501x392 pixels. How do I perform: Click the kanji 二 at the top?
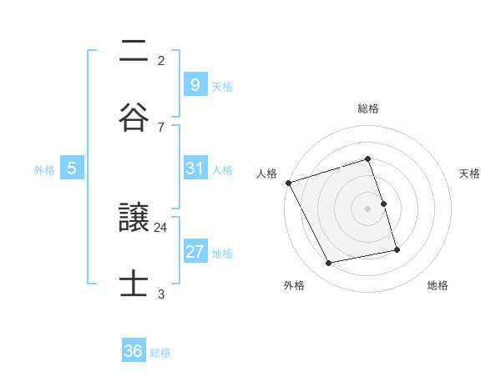pyautogui.click(x=134, y=52)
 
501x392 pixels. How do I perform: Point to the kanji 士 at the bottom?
pyautogui.click(x=134, y=284)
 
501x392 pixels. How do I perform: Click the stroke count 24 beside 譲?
pyautogui.click(x=161, y=227)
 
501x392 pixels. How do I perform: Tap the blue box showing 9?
pyautogui.click(x=195, y=84)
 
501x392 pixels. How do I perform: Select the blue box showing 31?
pyautogui.click(x=195, y=168)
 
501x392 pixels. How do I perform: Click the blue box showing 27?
pyautogui.click(x=195, y=252)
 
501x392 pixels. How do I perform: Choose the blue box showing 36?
pyautogui.click(x=134, y=351)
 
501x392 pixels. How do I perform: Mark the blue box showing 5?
pyautogui.click(x=72, y=168)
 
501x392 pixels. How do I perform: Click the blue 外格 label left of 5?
pyautogui.click(x=44, y=169)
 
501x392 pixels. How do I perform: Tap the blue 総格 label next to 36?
pyautogui.click(x=160, y=352)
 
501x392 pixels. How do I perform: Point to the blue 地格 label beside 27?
pyautogui.click(x=222, y=253)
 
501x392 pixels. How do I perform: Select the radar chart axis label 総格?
pyautogui.click(x=368, y=108)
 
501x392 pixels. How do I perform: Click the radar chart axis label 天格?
pyautogui.click(x=469, y=173)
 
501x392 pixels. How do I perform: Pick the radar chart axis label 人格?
pyautogui.click(x=267, y=173)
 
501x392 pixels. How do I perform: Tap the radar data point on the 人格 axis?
pyautogui.click(x=288, y=183)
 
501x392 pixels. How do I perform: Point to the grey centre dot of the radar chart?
pyautogui.click(x=368, y=209)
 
